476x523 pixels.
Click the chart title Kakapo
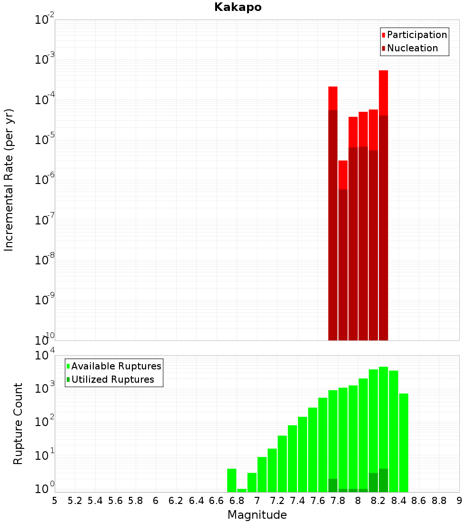tap(238, 7)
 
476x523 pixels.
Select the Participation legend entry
tap(414, 35)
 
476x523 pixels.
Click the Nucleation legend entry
tap(410, 48)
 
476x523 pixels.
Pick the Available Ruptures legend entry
tap(114, 366)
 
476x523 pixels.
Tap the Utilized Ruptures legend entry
tap(110, 379)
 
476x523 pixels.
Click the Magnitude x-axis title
tap(257, 515)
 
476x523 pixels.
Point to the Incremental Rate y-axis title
tap(9, 180)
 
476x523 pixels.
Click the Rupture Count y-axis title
tap(18, 424)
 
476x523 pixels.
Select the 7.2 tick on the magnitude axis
tap(277, 501)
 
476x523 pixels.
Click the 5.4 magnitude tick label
tap(95, 501)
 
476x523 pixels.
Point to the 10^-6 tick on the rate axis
tap(44, 179)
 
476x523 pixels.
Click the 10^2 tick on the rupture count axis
tap(44, 421)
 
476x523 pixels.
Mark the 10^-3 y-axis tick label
tap(44, 58)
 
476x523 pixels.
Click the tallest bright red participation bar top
tap(384, 71)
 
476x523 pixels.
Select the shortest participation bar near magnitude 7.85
tap(343, 175)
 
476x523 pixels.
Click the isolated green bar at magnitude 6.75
tap(232, 480)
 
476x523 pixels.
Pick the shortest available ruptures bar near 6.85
tap(242, 490)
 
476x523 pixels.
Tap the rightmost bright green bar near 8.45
tap(404, 443)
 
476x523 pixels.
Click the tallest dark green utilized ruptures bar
tap(384, 480)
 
